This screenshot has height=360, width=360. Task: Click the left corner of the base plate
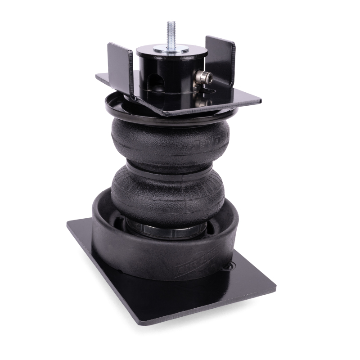(70, 224)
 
